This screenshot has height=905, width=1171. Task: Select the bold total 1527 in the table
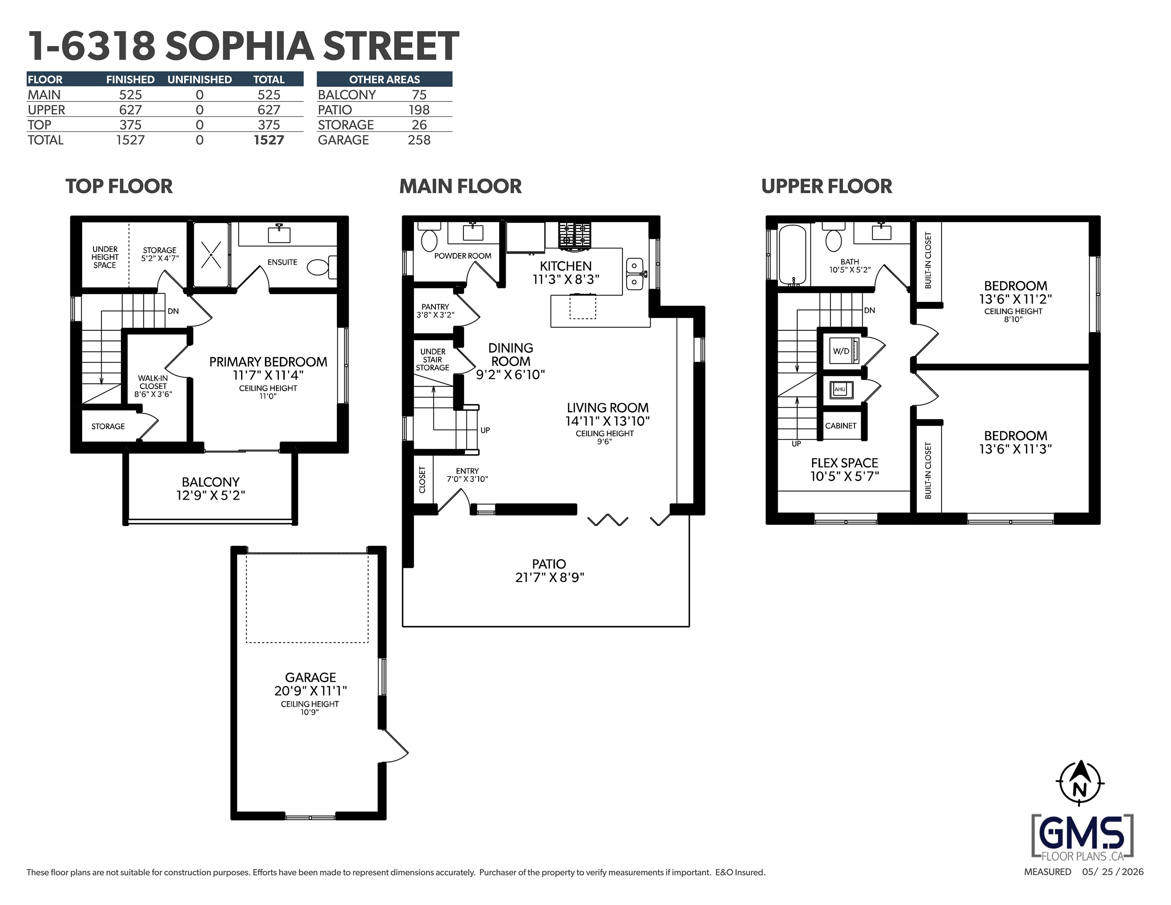tap(269, 140)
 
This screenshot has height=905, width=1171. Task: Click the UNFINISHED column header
tap(199, 79)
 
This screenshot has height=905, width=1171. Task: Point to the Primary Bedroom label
tap(268, 362)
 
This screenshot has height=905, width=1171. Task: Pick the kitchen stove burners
tap(575, 235)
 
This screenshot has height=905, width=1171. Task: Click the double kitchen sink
tap(635, 274)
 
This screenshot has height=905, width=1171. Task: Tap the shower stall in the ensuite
tap(212, 255)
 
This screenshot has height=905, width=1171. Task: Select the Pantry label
tap(435, 307)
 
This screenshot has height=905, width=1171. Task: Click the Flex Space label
tap(844, 463)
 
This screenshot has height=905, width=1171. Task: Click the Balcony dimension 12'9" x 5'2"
tap(211, 495)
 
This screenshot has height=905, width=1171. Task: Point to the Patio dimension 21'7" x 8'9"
tap(550, 577)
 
